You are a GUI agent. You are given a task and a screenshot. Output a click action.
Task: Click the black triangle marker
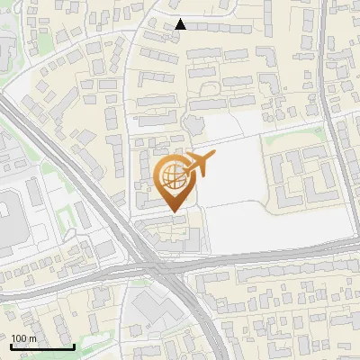[x=181, y=24]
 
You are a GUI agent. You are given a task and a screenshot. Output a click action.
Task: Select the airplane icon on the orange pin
[x=199, y=165]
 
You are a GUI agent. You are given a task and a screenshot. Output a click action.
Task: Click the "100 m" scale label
[x=23, y=338]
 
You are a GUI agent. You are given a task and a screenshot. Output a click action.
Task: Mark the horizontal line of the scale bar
[x=42, y=346]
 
